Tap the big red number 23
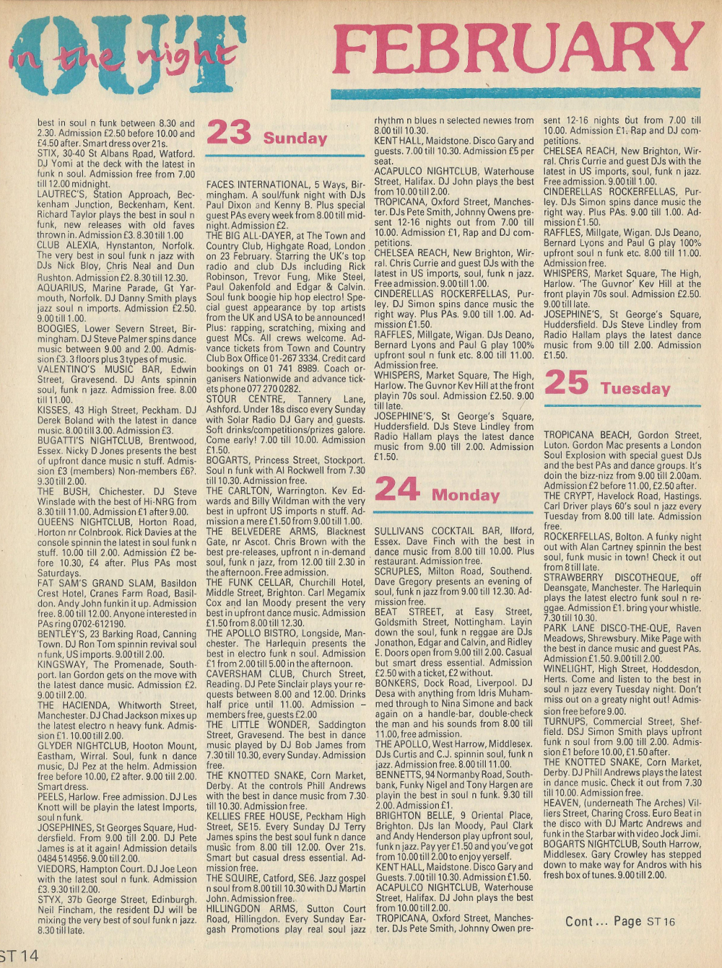229,133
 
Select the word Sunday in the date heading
295,138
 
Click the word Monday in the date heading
466,495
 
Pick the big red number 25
566,382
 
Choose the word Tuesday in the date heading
635,388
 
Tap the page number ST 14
19,956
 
